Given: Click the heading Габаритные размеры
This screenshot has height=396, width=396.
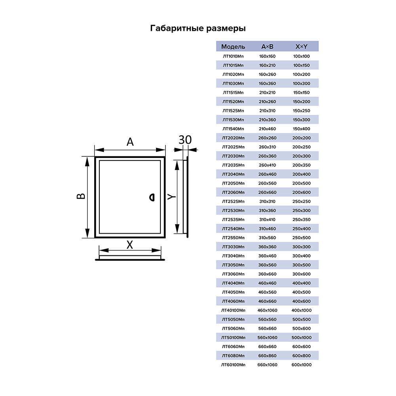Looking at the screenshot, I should pos(198,29).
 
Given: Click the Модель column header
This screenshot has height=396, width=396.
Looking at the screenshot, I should pos(233,47).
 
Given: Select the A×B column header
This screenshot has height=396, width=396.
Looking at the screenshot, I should pos(267,47).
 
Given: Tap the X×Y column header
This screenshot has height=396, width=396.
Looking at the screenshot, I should pos(302,47).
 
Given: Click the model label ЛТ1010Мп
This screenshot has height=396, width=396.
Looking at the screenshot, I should pos(233,56).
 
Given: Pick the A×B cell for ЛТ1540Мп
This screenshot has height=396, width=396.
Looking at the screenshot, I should pos(267,129).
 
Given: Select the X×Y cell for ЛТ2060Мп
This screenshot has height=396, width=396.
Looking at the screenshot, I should pos(302,192).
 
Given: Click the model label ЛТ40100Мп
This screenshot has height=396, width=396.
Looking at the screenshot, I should pos(233,310).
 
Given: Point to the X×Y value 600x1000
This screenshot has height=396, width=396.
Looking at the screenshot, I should pos(302,365).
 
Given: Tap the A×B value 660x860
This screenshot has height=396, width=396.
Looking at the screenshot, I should pos(267,356).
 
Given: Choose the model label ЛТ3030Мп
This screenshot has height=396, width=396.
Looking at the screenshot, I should pos(233,247).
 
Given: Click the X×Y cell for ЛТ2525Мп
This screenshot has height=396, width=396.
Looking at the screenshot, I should pos(302,201).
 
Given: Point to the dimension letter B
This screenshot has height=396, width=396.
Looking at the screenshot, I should pos(80,196).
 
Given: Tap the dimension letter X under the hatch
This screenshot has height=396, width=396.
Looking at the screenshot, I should pos(129,245).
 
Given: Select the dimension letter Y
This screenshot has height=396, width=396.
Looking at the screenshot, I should pos(170,196).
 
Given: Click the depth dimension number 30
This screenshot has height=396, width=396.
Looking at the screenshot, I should pos(185,140).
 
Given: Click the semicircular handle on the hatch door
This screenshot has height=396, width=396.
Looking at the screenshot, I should pos(152,197).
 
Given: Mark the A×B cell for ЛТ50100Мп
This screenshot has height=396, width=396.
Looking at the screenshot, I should pos(267,337).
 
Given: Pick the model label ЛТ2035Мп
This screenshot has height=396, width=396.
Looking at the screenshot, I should pos(233,165).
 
